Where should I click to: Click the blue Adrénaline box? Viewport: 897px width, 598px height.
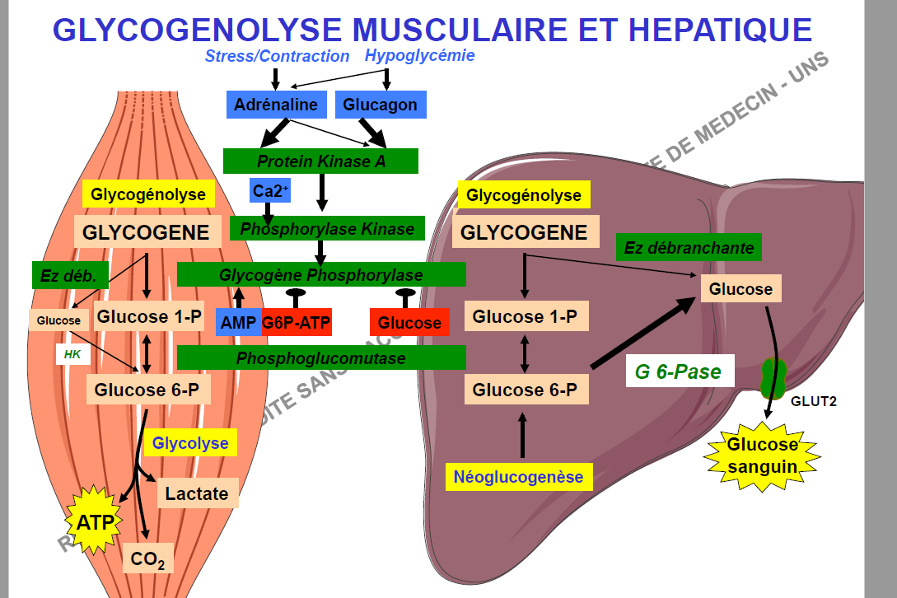(275, 105)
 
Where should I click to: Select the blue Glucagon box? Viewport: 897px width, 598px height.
(380, 105)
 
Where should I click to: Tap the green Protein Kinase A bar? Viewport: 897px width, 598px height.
(320, 161)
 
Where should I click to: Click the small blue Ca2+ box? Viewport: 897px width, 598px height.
(270, 191)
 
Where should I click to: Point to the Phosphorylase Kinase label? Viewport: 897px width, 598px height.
(327, 228)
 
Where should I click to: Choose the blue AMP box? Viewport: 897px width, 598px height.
(238, 323)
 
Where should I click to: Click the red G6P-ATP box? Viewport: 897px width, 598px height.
(297, 323)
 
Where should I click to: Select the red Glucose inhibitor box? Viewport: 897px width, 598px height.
(409, 323)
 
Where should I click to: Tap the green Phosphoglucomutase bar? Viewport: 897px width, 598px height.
(321, 358)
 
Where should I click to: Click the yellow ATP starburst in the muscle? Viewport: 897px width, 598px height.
(96, 521)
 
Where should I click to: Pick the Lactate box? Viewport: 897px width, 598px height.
(197, 493)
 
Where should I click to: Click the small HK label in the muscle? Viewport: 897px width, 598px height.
(71, 354)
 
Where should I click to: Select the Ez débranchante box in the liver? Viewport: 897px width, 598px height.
(689, 247)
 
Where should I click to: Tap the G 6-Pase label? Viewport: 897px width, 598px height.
(678, 372)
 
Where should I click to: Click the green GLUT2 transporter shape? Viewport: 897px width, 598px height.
(773, 378)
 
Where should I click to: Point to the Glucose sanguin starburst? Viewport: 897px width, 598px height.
(762, 456)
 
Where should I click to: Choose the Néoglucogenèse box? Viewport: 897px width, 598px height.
(518, 476)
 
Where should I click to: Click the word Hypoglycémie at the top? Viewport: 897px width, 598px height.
(419, 56)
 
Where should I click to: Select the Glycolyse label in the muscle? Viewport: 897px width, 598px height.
(190, 443)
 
